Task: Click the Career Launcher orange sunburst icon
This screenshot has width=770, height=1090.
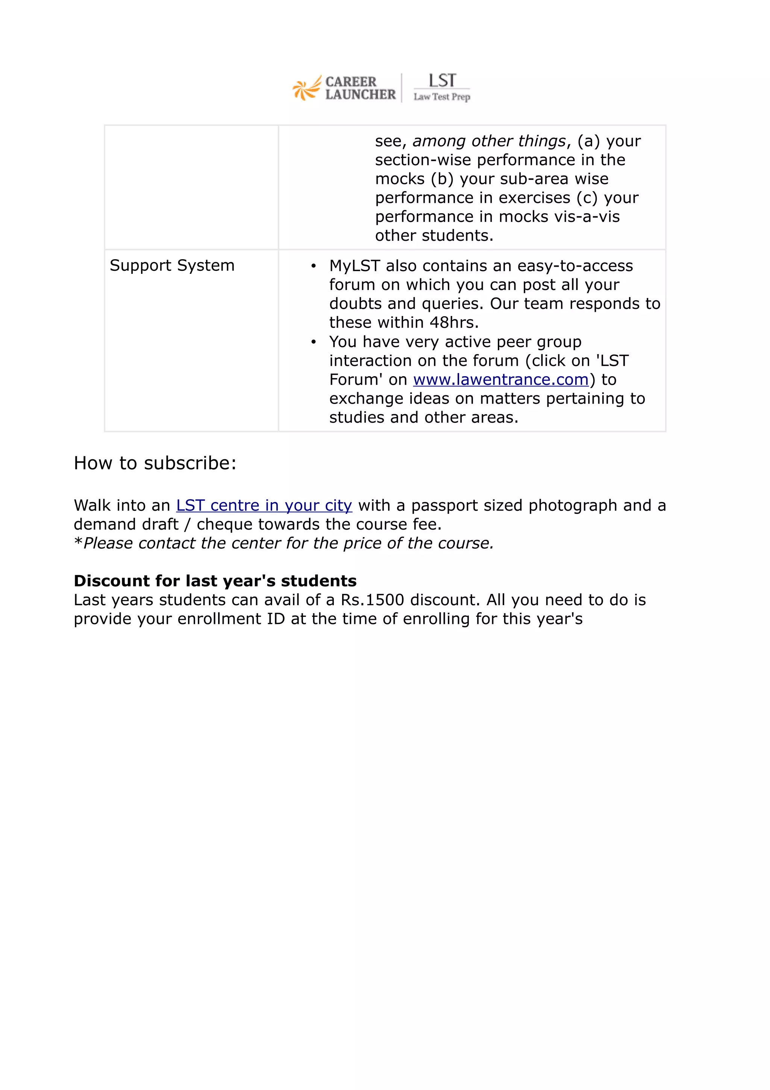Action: click(x=305, y=89)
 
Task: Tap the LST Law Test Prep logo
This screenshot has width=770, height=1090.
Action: click(x=441, y=87)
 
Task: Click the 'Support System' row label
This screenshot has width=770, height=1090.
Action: click(x=172, y=266)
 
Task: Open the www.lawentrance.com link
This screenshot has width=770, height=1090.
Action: click(x=500, y=380)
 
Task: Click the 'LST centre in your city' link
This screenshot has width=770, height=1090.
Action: click(x=264, y=506)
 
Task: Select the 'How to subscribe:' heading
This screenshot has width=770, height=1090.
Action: click(x=155, y=463)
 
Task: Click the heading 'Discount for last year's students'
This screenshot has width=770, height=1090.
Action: click(x=215, y=581)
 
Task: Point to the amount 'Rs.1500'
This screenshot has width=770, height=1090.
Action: click(x=373, y=600)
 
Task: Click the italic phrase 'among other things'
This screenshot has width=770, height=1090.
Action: click(x=489, y=141)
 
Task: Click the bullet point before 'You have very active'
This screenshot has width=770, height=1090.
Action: click(x=313, y=342)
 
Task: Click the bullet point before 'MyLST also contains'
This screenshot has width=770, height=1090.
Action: click(x=313, y=266)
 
